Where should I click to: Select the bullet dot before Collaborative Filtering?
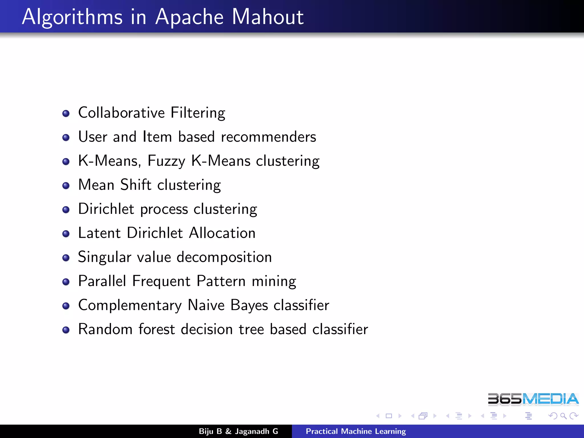coord(66,113)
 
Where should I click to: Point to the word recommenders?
coord(268,137)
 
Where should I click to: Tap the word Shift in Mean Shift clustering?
coord(136,185)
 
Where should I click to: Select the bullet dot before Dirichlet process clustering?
coord(66,210)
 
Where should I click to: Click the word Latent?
coord(100,233)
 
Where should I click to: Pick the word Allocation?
coord(222,233)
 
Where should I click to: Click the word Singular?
coord(105,257)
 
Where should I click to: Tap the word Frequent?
coord(161,281)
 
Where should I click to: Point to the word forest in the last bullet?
coord(157,329)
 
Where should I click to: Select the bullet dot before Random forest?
coord(66,330)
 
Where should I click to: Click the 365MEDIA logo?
coord(533,399)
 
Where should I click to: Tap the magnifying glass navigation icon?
coord(563,416)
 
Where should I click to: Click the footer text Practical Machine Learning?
coord(356,431)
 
